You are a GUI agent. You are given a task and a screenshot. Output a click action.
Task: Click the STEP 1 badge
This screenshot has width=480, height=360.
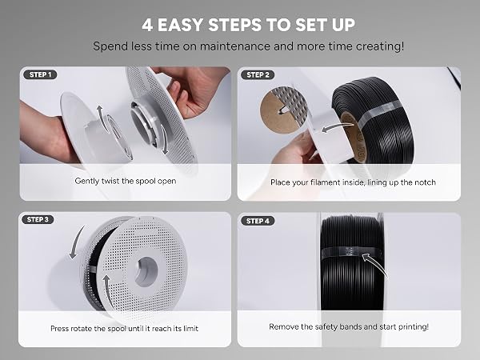click(x=41, y=74)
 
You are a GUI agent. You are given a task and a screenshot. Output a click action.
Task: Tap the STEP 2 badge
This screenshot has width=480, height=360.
click(x=258, y=74)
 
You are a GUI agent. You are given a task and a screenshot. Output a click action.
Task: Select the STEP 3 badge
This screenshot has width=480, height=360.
click(x=38, y=219)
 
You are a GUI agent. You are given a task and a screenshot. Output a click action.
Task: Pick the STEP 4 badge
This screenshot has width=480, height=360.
click(x=258, y=221)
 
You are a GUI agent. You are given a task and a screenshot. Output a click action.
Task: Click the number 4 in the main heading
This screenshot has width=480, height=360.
click(x=147, y=25)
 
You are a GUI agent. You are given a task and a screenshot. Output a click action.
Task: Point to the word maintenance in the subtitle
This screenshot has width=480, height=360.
click(x=234, y=46)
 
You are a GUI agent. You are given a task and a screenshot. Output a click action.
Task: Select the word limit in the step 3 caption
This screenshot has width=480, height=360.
click(x=190, y=329)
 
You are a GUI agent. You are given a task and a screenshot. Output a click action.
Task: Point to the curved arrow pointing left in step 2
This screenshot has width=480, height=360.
click(x=337, y=127)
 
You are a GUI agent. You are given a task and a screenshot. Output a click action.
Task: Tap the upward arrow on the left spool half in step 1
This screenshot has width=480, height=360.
click(x=102, y=118)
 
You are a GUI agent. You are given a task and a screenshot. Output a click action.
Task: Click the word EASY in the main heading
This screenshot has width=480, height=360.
click(x=182, y=25)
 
